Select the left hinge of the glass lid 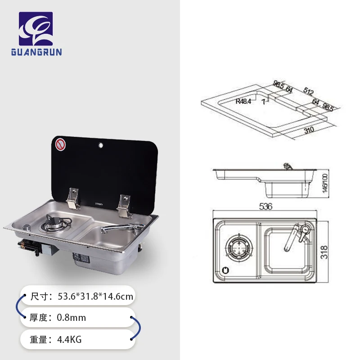pyautogui.click(x=72, y=198)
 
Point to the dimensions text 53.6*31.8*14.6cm pyautogui.click(x=95, y=297)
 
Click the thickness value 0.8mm pyautogui.click(x=71, y=318)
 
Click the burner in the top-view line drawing pyautogui.click(x=238, y=248)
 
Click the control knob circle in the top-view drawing pyautogui.click(x=225, y=270)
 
